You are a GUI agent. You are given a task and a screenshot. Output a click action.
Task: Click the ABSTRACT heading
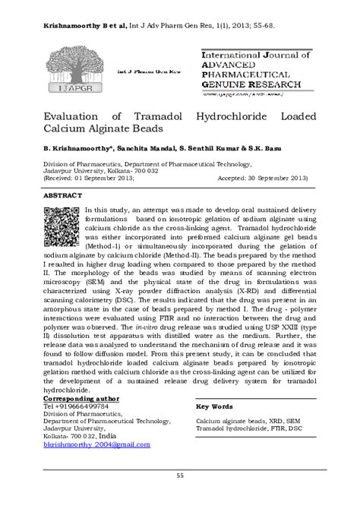[62, 194]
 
